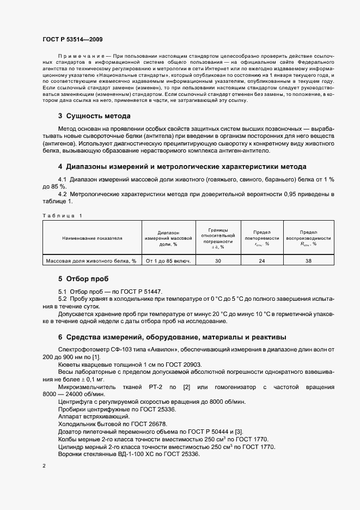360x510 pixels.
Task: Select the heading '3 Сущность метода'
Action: (94, 116)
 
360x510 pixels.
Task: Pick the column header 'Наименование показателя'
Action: (92, 238)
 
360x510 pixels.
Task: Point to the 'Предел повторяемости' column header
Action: (261, 238)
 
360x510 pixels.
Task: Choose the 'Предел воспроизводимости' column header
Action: (308, 238)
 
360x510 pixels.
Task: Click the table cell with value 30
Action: (218, 261)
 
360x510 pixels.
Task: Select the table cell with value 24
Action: (261, 261)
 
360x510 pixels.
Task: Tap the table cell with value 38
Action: (308, 261)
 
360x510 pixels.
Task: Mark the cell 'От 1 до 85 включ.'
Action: (168, 261)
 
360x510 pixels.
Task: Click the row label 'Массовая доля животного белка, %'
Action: (91, 261)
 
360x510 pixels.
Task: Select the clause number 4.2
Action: (62, 194)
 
